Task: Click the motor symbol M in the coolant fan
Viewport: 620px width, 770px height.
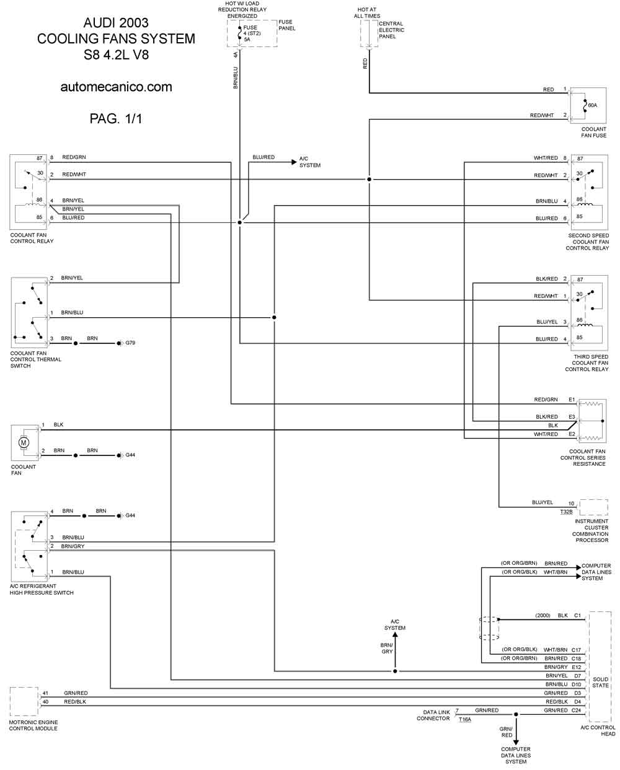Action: point(24,442)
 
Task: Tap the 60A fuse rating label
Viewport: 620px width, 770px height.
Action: point(593,105)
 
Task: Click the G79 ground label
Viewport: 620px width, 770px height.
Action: point(130,343)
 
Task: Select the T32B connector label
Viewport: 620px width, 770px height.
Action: point(566,512)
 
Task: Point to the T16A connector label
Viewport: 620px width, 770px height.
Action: point(465,720)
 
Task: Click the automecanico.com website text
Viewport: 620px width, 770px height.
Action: point(116,87)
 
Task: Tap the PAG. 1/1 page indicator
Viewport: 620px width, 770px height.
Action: point(116,118)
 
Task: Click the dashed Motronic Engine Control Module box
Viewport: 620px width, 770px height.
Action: point(24,701)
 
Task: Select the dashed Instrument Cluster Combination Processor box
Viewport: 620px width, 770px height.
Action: point(593,507)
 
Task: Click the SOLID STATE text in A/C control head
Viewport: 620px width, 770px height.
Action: point(600,682)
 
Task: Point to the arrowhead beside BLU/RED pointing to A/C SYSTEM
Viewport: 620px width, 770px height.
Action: point(294,162)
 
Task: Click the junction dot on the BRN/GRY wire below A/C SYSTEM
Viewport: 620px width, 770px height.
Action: point(395,672)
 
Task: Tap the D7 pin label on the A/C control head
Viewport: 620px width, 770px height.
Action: point(577,676)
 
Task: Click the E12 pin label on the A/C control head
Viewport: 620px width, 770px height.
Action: point(577,667)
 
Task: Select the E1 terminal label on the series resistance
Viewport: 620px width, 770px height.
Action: point(572,400)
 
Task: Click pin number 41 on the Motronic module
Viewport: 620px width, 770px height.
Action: point(45,693)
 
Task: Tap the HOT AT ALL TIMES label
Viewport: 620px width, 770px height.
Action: point(367,13)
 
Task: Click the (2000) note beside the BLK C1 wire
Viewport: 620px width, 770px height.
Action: point(542,615)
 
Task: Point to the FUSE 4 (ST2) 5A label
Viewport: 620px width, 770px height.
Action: point(252,33)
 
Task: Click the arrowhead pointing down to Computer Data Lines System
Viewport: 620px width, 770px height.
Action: point(516,743)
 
